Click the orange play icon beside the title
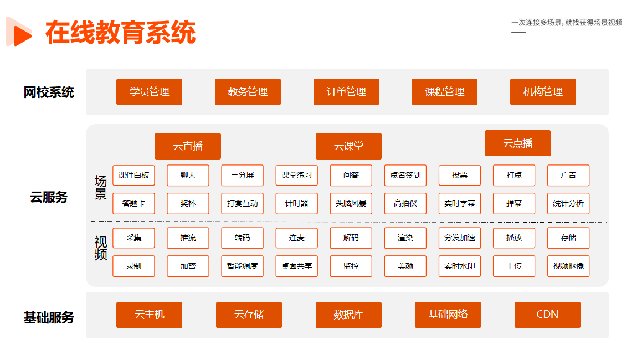(19, 32)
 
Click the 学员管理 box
(149, 92)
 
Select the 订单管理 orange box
(346, 92)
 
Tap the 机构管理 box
(543, 92)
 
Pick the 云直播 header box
(188, 146)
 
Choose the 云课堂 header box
(348, 146)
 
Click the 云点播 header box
(517, 143)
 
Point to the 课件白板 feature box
(133, 175)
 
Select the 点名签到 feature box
(405, 175)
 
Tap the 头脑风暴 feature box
(351, 204)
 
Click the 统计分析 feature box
(568, 204)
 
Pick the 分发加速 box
(459, 238)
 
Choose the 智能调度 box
(243, 266)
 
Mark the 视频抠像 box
(568, 266)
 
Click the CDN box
(547, 315)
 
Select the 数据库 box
(348, 315)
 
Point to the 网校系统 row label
(49, 92)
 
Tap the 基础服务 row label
(49, 318)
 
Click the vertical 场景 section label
(101, 188)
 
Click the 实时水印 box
(459, 266)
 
